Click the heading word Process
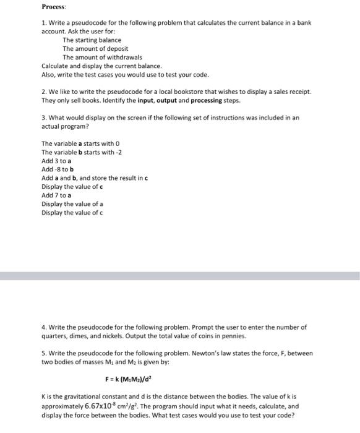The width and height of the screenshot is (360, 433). tap(54, 7)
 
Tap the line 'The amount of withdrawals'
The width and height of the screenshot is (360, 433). tap(98, 57)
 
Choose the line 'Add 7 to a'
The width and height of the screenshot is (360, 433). tap(56, 195)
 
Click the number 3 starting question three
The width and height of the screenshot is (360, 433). tap(43, 118)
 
